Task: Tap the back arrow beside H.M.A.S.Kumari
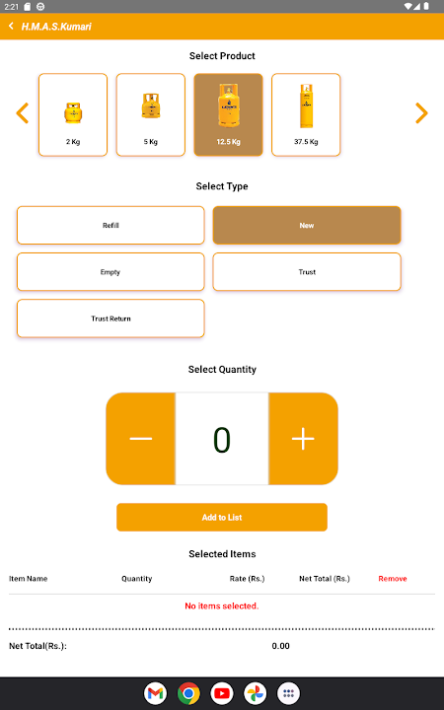(x=11, y=26)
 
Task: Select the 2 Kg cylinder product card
(x=73, y=115)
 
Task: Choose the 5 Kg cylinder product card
(x=150, y=115)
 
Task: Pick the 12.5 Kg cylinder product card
(x=228, y=115)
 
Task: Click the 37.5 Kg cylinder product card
(x=306, y=115)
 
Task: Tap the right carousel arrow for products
(x=421, y=113)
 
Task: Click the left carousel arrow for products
(x=22, y=113)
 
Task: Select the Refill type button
(x=111, y=225)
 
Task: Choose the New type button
(x=307, y=225)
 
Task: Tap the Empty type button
(x=111, y=272)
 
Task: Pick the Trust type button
(x=307, y=272)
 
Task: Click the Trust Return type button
(x=111, y=319)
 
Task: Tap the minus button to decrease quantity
(x=141, y=439)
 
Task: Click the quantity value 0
(x=222, y=440)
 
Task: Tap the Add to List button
(x=222, y=517)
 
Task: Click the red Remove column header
(x=393, y=579)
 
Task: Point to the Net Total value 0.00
(x=280, y=646)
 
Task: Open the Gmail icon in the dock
(x=156, y=693)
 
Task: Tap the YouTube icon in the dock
(x=222, y=693)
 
